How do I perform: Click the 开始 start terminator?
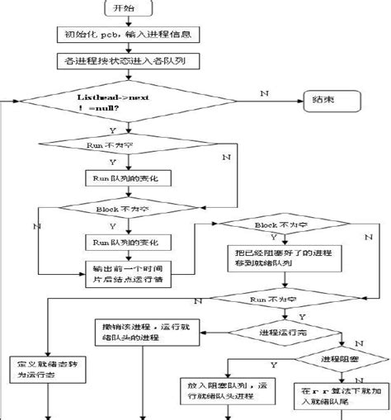click(x=122, y=8)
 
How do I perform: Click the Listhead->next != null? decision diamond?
click(x=122, y=103)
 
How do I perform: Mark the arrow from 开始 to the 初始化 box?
click(x=121, y=21)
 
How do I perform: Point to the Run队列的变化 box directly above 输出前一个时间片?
click(x=127, y=243)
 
